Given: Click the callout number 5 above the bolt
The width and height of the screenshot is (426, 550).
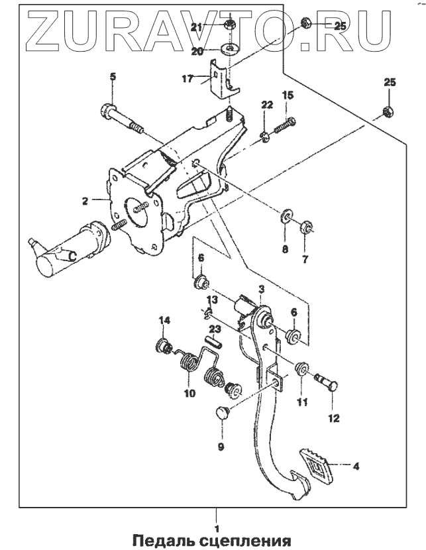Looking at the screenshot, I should [113, 78].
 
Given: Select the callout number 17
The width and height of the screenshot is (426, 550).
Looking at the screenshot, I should [188, 78].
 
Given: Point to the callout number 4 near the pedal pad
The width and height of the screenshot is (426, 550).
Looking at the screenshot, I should [355, 467].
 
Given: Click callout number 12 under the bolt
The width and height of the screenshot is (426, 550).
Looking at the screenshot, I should [333, 418].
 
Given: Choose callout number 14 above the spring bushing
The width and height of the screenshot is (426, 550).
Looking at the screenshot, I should [164, 321].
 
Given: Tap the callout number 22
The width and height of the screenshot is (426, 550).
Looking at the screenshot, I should [266, 105].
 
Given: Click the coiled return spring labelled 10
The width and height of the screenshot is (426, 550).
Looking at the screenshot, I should [189, 364].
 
